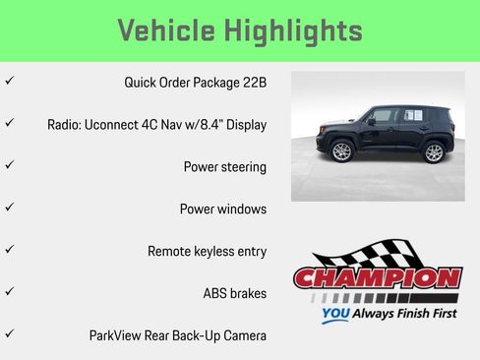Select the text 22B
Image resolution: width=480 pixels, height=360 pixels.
tap(253, 82)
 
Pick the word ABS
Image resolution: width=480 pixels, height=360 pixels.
tap(216, 293)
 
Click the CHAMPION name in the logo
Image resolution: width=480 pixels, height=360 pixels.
tap(378, 278)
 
